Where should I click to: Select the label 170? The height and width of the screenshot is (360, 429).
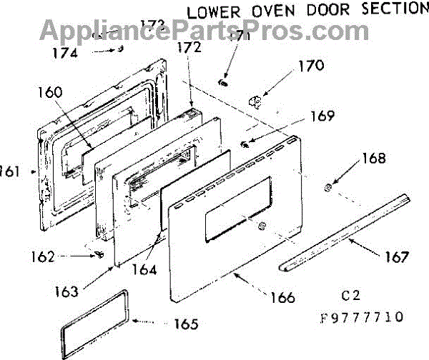click(310, 67)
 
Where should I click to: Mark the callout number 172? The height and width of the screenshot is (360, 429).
click(189, 49)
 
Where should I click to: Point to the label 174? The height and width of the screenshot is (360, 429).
click(66, 52)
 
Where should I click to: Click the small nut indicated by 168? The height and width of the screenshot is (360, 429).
click(325, 188)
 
